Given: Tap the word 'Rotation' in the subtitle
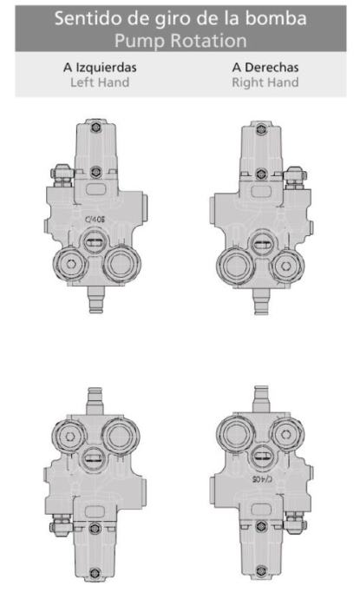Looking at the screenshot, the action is (x=208, y=41).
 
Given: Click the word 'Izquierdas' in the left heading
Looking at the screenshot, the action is (x=106, y=68).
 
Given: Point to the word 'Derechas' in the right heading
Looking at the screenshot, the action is (x=272, y=67).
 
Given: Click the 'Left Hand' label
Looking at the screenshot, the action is (x=100, y=82).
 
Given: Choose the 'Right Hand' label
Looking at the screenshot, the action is (x=265, y=82).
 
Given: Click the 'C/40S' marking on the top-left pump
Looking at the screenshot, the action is (x=95, y=220).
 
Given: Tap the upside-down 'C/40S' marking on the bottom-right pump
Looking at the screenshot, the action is (x=263, y=478).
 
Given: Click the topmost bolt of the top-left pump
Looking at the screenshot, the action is (x=95, y=127).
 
